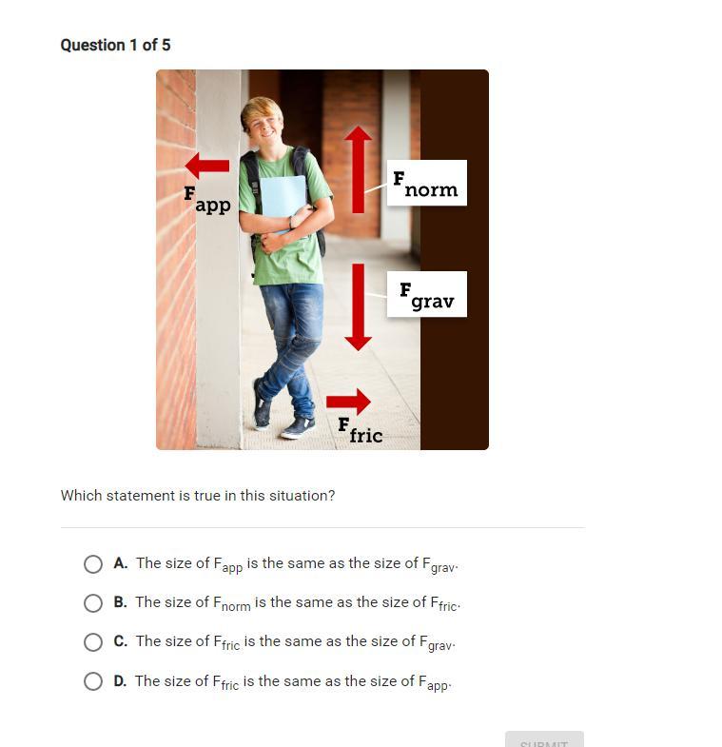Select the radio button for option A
coord(93,564)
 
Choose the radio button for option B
coord(93,603)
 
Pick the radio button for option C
coord(93,642)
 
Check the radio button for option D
coord(93,681)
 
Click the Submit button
coord(544,739)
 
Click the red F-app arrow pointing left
coord(207,166)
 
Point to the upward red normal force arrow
coord(358,169)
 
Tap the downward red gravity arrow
coord(358,307)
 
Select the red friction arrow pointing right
coord(348,402)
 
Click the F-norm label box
coord(427,183)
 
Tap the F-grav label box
coord(427,294)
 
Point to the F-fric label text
coord(360,430)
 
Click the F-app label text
coord(207,199)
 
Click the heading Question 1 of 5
coord(115,45)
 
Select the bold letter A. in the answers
coord(121,563)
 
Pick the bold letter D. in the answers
coord(120,680)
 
